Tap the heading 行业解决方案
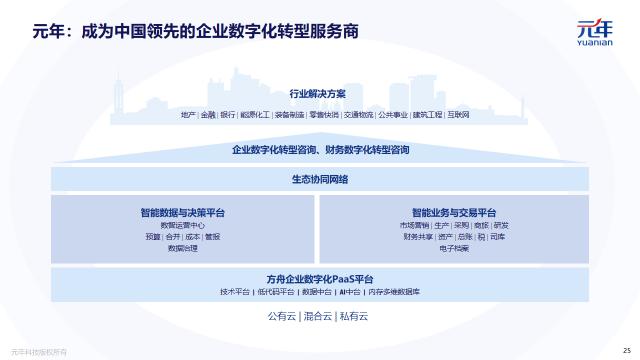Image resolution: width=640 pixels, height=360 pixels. click(317, 94)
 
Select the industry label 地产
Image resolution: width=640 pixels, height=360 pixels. click(188, 115)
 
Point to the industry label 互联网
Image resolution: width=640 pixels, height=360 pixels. click(459, 115)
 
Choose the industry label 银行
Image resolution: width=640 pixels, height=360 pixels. click(228, 115)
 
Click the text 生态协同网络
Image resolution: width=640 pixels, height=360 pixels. click(319, 179)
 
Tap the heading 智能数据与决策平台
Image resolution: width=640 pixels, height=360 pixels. click(183, 212)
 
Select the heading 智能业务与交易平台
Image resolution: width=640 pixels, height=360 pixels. click(454, 212)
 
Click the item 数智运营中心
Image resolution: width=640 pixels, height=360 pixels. click(183, 225)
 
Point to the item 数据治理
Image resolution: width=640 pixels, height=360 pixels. click(183, 248)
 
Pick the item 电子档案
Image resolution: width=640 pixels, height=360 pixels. click(454, 248)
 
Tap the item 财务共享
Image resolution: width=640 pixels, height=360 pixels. click(418, 237)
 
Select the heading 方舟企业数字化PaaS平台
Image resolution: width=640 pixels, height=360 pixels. click(319, 278)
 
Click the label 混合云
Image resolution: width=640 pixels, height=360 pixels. click(319, 317)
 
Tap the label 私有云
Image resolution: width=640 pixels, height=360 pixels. click(353, 317)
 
